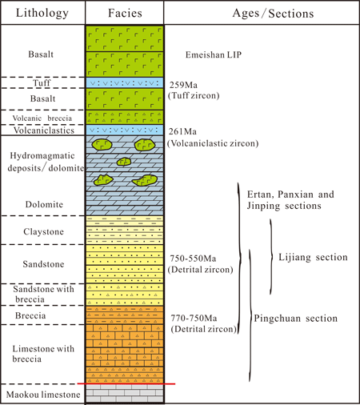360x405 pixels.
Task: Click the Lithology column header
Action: coord(42,13)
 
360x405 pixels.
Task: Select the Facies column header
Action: coord(125,13)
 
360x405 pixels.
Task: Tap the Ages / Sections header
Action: coord(273,14)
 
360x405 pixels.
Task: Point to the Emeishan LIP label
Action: coord(214,54)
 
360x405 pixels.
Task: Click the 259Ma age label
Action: coord(183,85)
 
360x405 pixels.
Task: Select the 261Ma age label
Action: coord(182,131)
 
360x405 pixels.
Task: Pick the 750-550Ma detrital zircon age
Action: coord(193,259)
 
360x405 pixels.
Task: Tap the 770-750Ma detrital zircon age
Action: coord(194,318)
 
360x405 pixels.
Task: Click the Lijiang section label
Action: coord(313,257)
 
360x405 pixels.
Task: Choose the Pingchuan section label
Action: coord(295,318)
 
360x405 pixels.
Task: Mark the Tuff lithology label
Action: coord(42,82)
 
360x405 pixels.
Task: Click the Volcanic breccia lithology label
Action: coord(42,118)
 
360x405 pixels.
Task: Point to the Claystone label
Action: coord(43,231)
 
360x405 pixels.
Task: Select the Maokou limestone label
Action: coord(43,395)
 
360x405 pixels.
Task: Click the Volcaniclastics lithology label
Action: coord(44,130)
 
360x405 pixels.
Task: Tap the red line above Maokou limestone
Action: coord(126,383)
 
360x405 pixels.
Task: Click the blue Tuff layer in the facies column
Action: coord(125,82)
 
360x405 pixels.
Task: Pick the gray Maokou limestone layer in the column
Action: coord(125,393)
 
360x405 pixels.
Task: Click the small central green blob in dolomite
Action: coord(124,162)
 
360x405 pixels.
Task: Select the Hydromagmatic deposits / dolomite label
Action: coord(46,162)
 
